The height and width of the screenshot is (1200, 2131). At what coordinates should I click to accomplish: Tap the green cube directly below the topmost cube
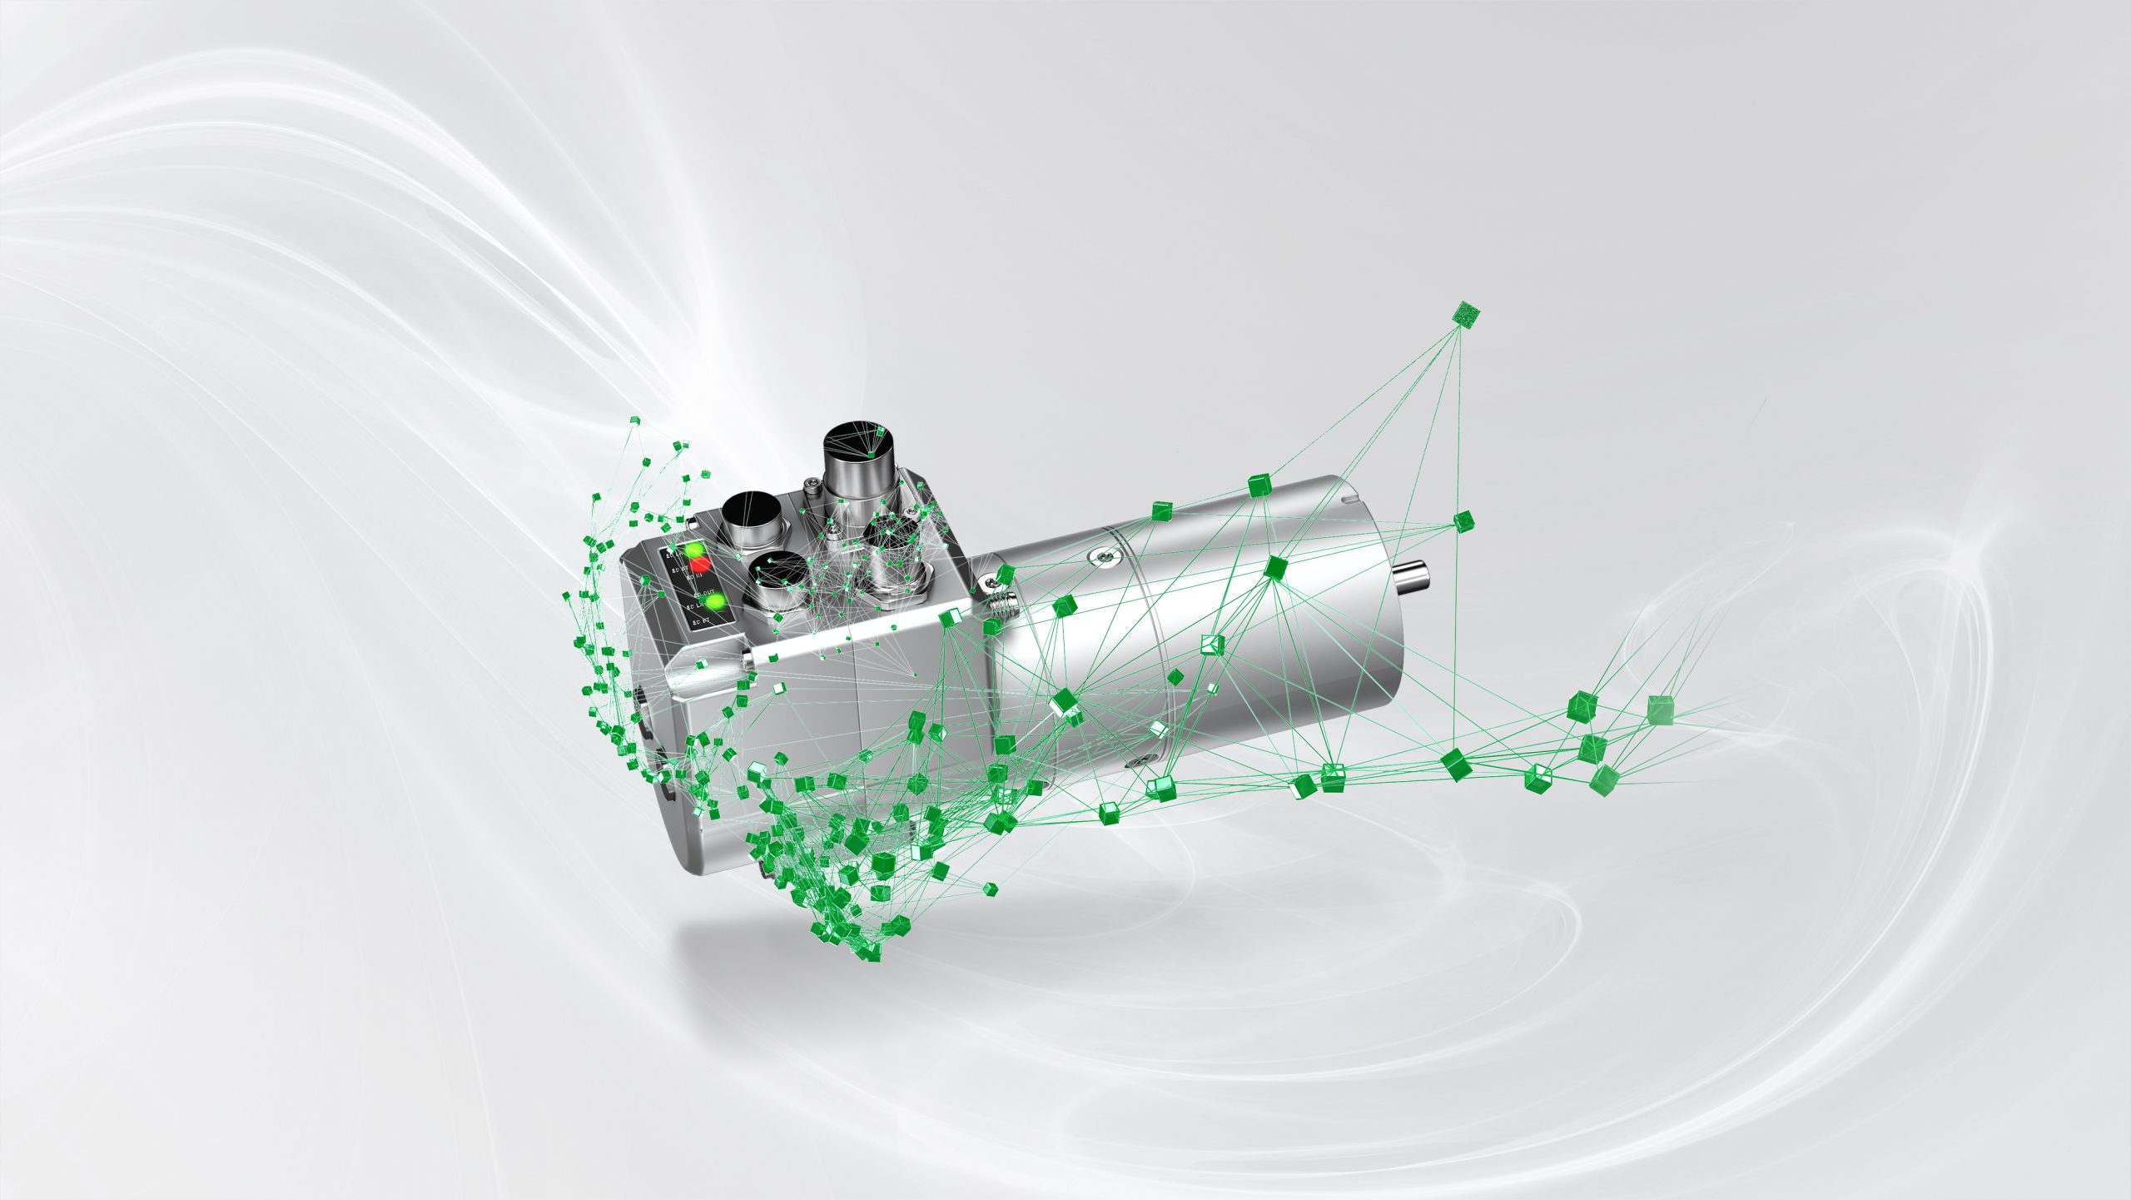click(1463, 522)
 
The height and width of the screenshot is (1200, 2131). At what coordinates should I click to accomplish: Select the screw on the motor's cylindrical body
click(1103, 555)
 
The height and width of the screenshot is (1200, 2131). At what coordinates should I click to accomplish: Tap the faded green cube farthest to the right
click(1660, 709)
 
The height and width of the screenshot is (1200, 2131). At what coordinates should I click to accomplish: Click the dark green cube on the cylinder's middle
click(1274, 568)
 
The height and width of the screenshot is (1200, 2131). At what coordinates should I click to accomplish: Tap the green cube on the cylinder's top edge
click(1259, 485)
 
